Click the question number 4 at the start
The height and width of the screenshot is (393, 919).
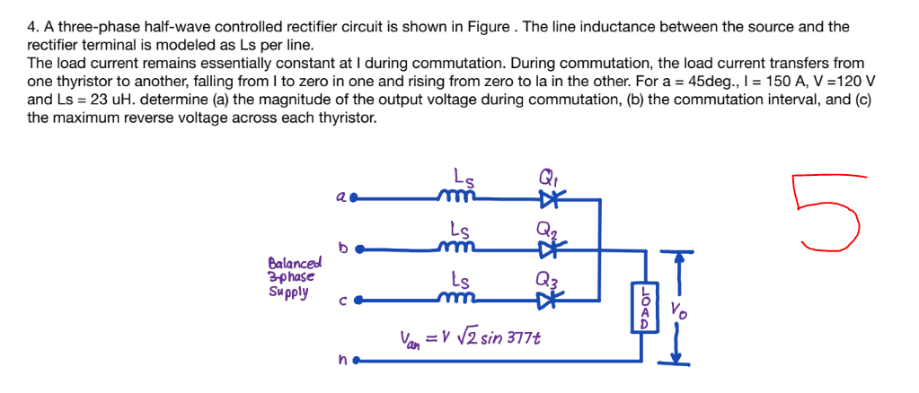click(x=32, y=27)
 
